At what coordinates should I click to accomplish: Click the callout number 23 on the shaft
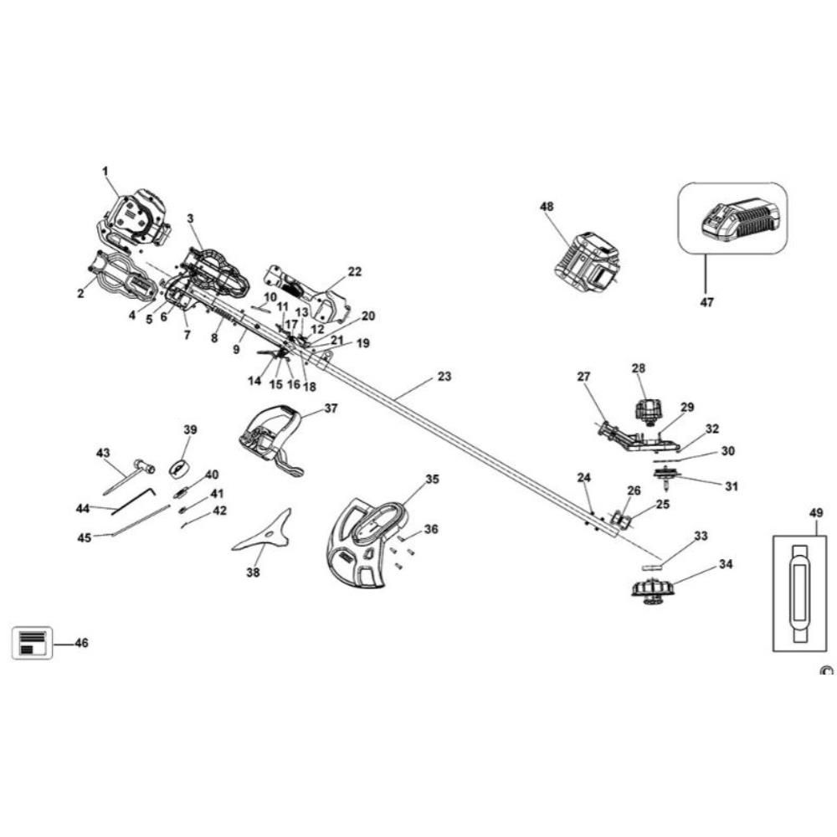(x=444, y=377)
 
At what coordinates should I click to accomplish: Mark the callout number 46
(x=81, y=643)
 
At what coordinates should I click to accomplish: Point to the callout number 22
(x=355, y=271)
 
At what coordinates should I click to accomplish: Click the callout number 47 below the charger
(x=706, y=302)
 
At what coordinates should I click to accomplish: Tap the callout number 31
(x=732, y=485)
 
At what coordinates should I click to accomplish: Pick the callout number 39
(x=190, y=429)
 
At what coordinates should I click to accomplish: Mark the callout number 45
(x=84, y=537)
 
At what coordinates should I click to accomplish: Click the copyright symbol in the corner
(x=827, y=671)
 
